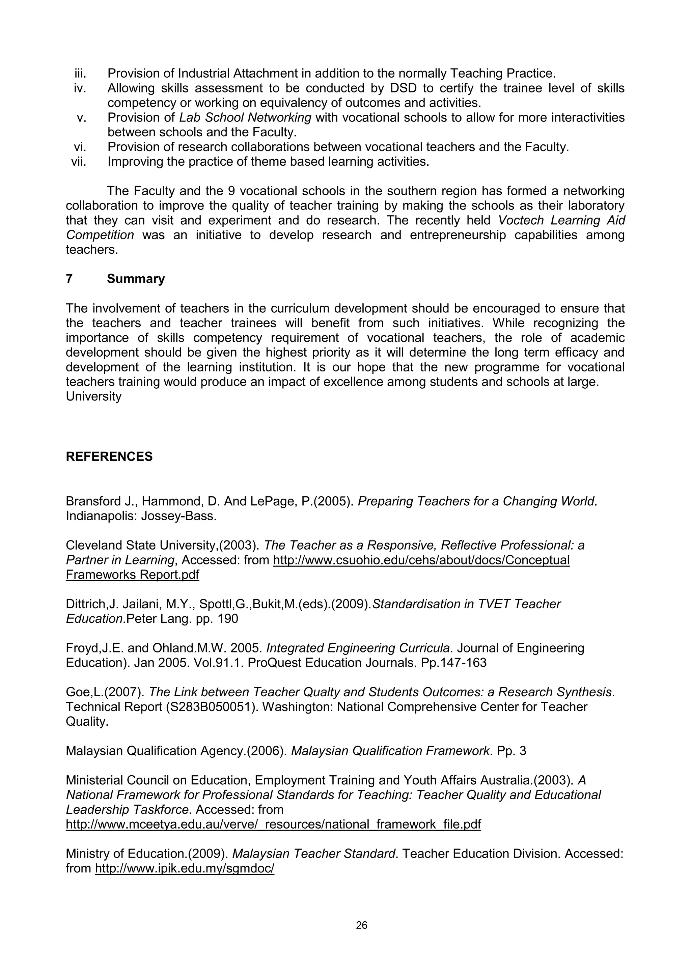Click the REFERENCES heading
(109, 456)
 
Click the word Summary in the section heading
(136, 279)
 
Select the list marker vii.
(79, 162)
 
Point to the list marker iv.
(80, 88)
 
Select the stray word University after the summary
(93, 397)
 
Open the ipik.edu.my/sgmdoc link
(185, 868)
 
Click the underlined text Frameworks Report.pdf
(132, 575)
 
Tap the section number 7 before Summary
(70, 279)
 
